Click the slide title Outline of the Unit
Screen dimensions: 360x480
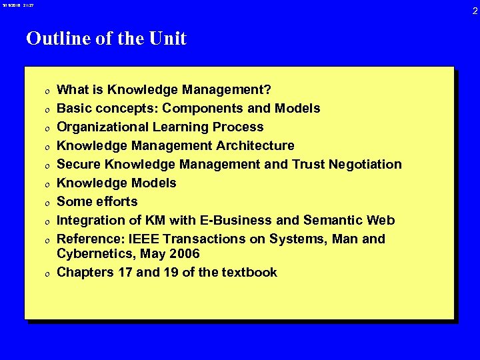106,39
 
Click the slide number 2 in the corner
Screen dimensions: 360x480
475,10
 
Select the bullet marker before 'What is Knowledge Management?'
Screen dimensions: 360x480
42,91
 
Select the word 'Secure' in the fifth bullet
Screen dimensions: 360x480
77,164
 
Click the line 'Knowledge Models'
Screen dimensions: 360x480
117,183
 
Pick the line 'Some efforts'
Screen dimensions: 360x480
97,201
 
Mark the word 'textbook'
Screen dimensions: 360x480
249,272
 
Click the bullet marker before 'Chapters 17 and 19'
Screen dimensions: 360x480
42,273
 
